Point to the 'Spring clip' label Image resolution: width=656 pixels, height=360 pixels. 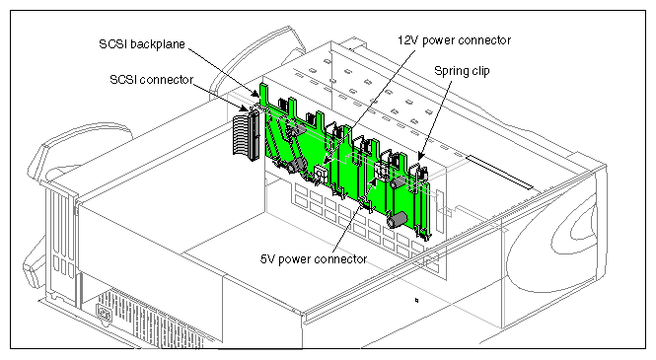pyautogui.click(x=465, y=72)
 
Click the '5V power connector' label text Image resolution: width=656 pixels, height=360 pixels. pyautogui.click(x=313, y=258)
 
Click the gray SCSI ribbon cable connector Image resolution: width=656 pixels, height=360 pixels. pyautogui.click(x=242, y=138)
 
